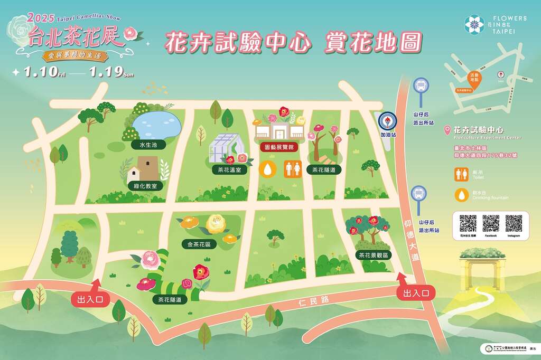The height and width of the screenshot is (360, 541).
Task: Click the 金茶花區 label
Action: click(x=199, y=244)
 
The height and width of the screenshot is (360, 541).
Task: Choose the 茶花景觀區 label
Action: click(x=374, y=255)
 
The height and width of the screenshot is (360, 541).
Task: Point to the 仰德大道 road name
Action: click(x=415, y=240)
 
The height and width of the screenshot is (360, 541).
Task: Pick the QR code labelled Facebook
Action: click(x=491, y=223)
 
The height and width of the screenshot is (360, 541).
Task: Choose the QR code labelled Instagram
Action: click(x=514, y=223)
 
